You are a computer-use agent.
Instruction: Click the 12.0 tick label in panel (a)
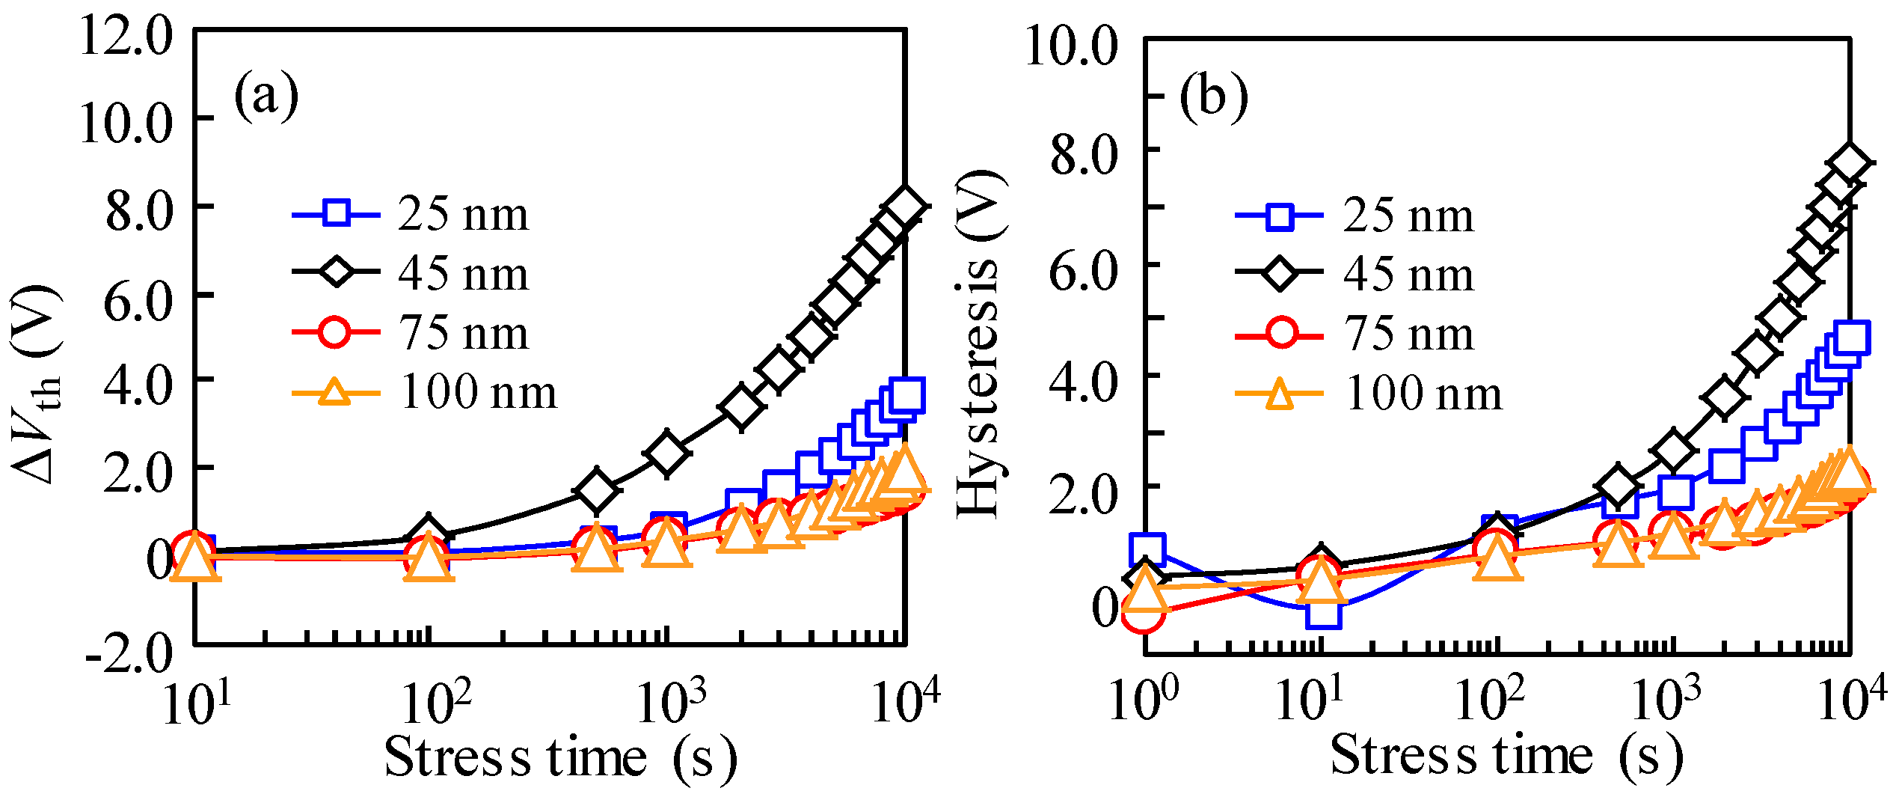point(126,36)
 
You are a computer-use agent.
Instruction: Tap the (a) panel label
point(266,95)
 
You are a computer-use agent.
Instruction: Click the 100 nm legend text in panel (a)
point(479,391)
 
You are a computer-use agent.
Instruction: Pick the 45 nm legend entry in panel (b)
point(1354,273)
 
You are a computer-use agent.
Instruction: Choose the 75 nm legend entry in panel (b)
point(1354,333)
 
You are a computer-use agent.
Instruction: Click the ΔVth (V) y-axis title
point(36,383)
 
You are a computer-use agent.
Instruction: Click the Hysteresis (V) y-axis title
point(980,343)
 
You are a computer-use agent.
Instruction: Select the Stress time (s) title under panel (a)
point(559,757)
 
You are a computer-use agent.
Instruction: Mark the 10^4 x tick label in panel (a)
point(905,700)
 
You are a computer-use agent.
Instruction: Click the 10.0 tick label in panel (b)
point(1071,45)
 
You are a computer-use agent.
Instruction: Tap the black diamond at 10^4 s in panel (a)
point(905,207)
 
